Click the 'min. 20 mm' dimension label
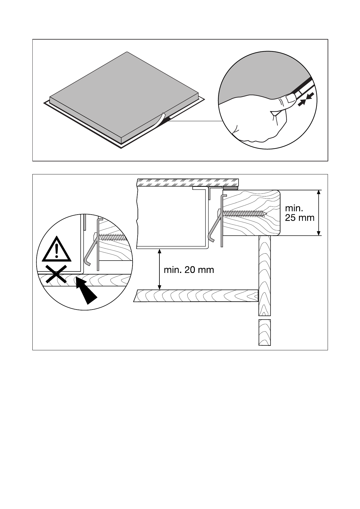point(189,270)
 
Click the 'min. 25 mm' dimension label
point(299,213)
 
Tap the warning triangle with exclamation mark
point(57,249)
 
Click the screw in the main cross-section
point(245,213)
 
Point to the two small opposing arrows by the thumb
point(306,100)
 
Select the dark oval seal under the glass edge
point(231,188)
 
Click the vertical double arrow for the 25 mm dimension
point(318,213)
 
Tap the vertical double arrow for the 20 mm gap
point(160,269)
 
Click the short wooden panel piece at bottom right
point(264,332)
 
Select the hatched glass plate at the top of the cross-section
point(188,182)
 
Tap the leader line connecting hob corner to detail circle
point(197,121)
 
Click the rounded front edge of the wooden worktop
point(278,213)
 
